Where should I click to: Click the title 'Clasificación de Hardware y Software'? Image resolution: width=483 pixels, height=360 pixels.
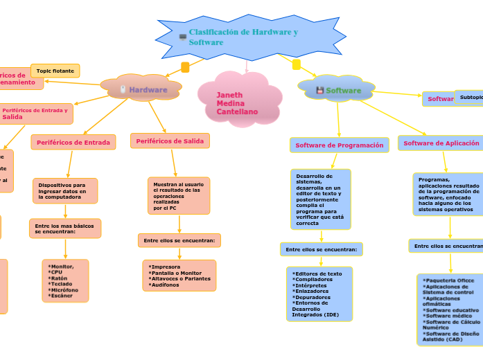point(243,37)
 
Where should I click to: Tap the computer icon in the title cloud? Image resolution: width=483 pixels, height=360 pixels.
point(183,37)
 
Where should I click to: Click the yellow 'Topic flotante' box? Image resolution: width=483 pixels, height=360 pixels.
point(55,71)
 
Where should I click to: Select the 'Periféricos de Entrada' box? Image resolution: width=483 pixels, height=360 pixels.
point(73,143)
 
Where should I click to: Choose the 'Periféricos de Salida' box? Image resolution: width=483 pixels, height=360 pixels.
point(170,141)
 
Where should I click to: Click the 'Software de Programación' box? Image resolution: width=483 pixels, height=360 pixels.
point(339,145)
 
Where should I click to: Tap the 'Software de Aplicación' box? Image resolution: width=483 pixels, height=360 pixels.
point(441,143)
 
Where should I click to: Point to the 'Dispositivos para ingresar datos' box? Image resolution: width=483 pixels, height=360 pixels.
point(65,191)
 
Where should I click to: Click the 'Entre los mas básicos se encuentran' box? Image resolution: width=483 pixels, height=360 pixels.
point(65,228)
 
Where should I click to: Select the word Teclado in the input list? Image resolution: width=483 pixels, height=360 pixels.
point(60,284)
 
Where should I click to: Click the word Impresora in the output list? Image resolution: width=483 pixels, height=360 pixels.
point(166,267)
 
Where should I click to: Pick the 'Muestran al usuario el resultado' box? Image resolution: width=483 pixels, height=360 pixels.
point(178,196)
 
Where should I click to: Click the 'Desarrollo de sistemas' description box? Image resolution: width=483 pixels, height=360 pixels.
point(319,199)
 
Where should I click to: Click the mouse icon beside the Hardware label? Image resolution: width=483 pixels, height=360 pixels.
point(123,90)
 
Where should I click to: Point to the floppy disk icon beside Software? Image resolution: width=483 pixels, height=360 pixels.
point(319,91)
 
